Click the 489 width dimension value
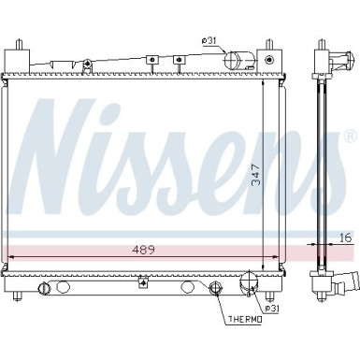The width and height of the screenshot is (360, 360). pos(143,250)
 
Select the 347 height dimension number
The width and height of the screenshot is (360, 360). pos(256,176)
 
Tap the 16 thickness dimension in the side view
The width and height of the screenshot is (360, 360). pos(344,238)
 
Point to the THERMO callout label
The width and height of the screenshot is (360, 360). pos(245,319)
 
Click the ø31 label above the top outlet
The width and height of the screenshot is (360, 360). pos(209,40)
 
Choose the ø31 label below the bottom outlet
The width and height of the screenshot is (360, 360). pos(272,309)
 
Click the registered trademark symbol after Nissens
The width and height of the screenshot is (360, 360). pos(351,136)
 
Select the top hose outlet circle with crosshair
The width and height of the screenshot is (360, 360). pos(232,59)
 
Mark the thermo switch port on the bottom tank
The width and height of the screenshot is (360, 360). pos(215,287)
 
